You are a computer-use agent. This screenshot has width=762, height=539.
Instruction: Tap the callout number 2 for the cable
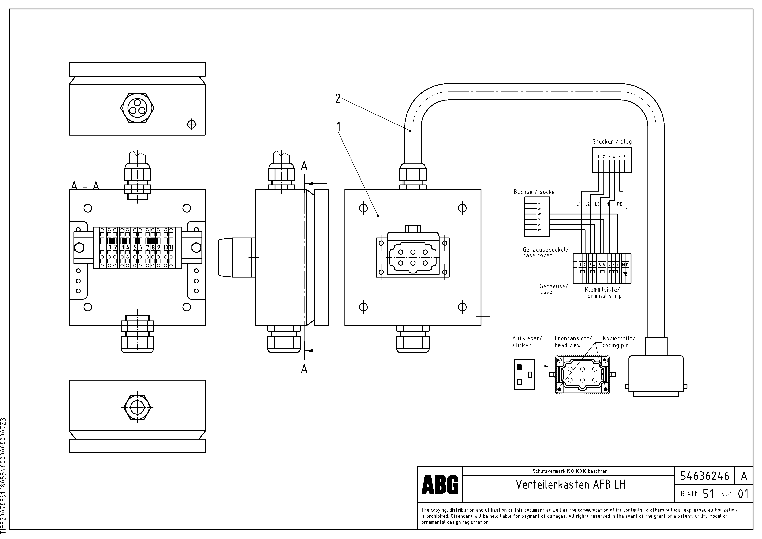pyautogui.click(x=338, y=99)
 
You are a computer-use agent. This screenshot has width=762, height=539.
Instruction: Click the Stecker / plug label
pyautogui.click(x=612, y=142)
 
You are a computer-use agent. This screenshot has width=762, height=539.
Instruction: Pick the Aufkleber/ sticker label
pyautogui.click(x=527, y=341)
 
